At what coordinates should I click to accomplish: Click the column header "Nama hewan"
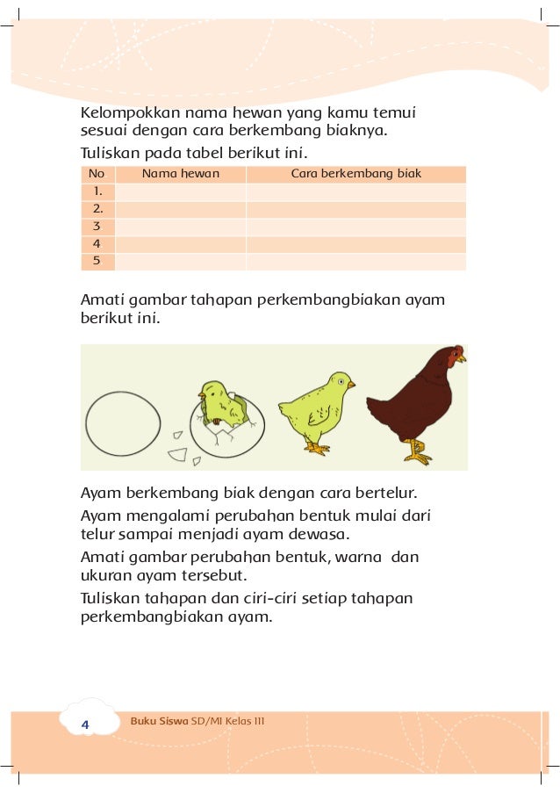pyautogui.click(x=181, y=174)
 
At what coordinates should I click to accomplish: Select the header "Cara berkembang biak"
pyautogui.click(x=355, y=174)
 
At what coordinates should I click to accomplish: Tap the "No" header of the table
pyautogui.click(x=97, y=174)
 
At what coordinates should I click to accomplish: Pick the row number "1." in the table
pyautogui.click(x=97, y=191)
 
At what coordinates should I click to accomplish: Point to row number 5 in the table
pyautogui.click(x=97, y=261)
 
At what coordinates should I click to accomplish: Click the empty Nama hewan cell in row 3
pyautogui.click(x=180, y=227)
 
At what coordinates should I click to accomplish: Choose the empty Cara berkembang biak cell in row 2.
pyautogui.click(x=355, y=209)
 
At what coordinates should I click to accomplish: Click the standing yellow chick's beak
pyautogui.click(x=351, y=384)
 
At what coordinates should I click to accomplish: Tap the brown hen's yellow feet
pyautogui.click(x=419, y=454)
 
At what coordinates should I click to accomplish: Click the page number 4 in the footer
pyautogui.click(x=85, y=724)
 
